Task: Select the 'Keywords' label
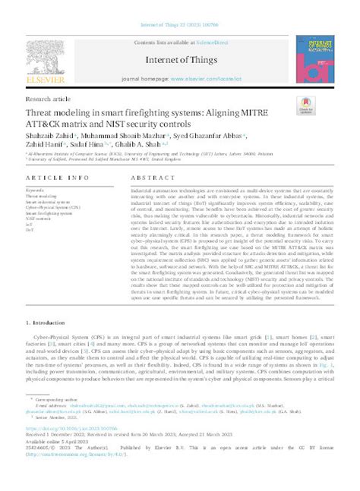pyautogui.click(x=35, y=189)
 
